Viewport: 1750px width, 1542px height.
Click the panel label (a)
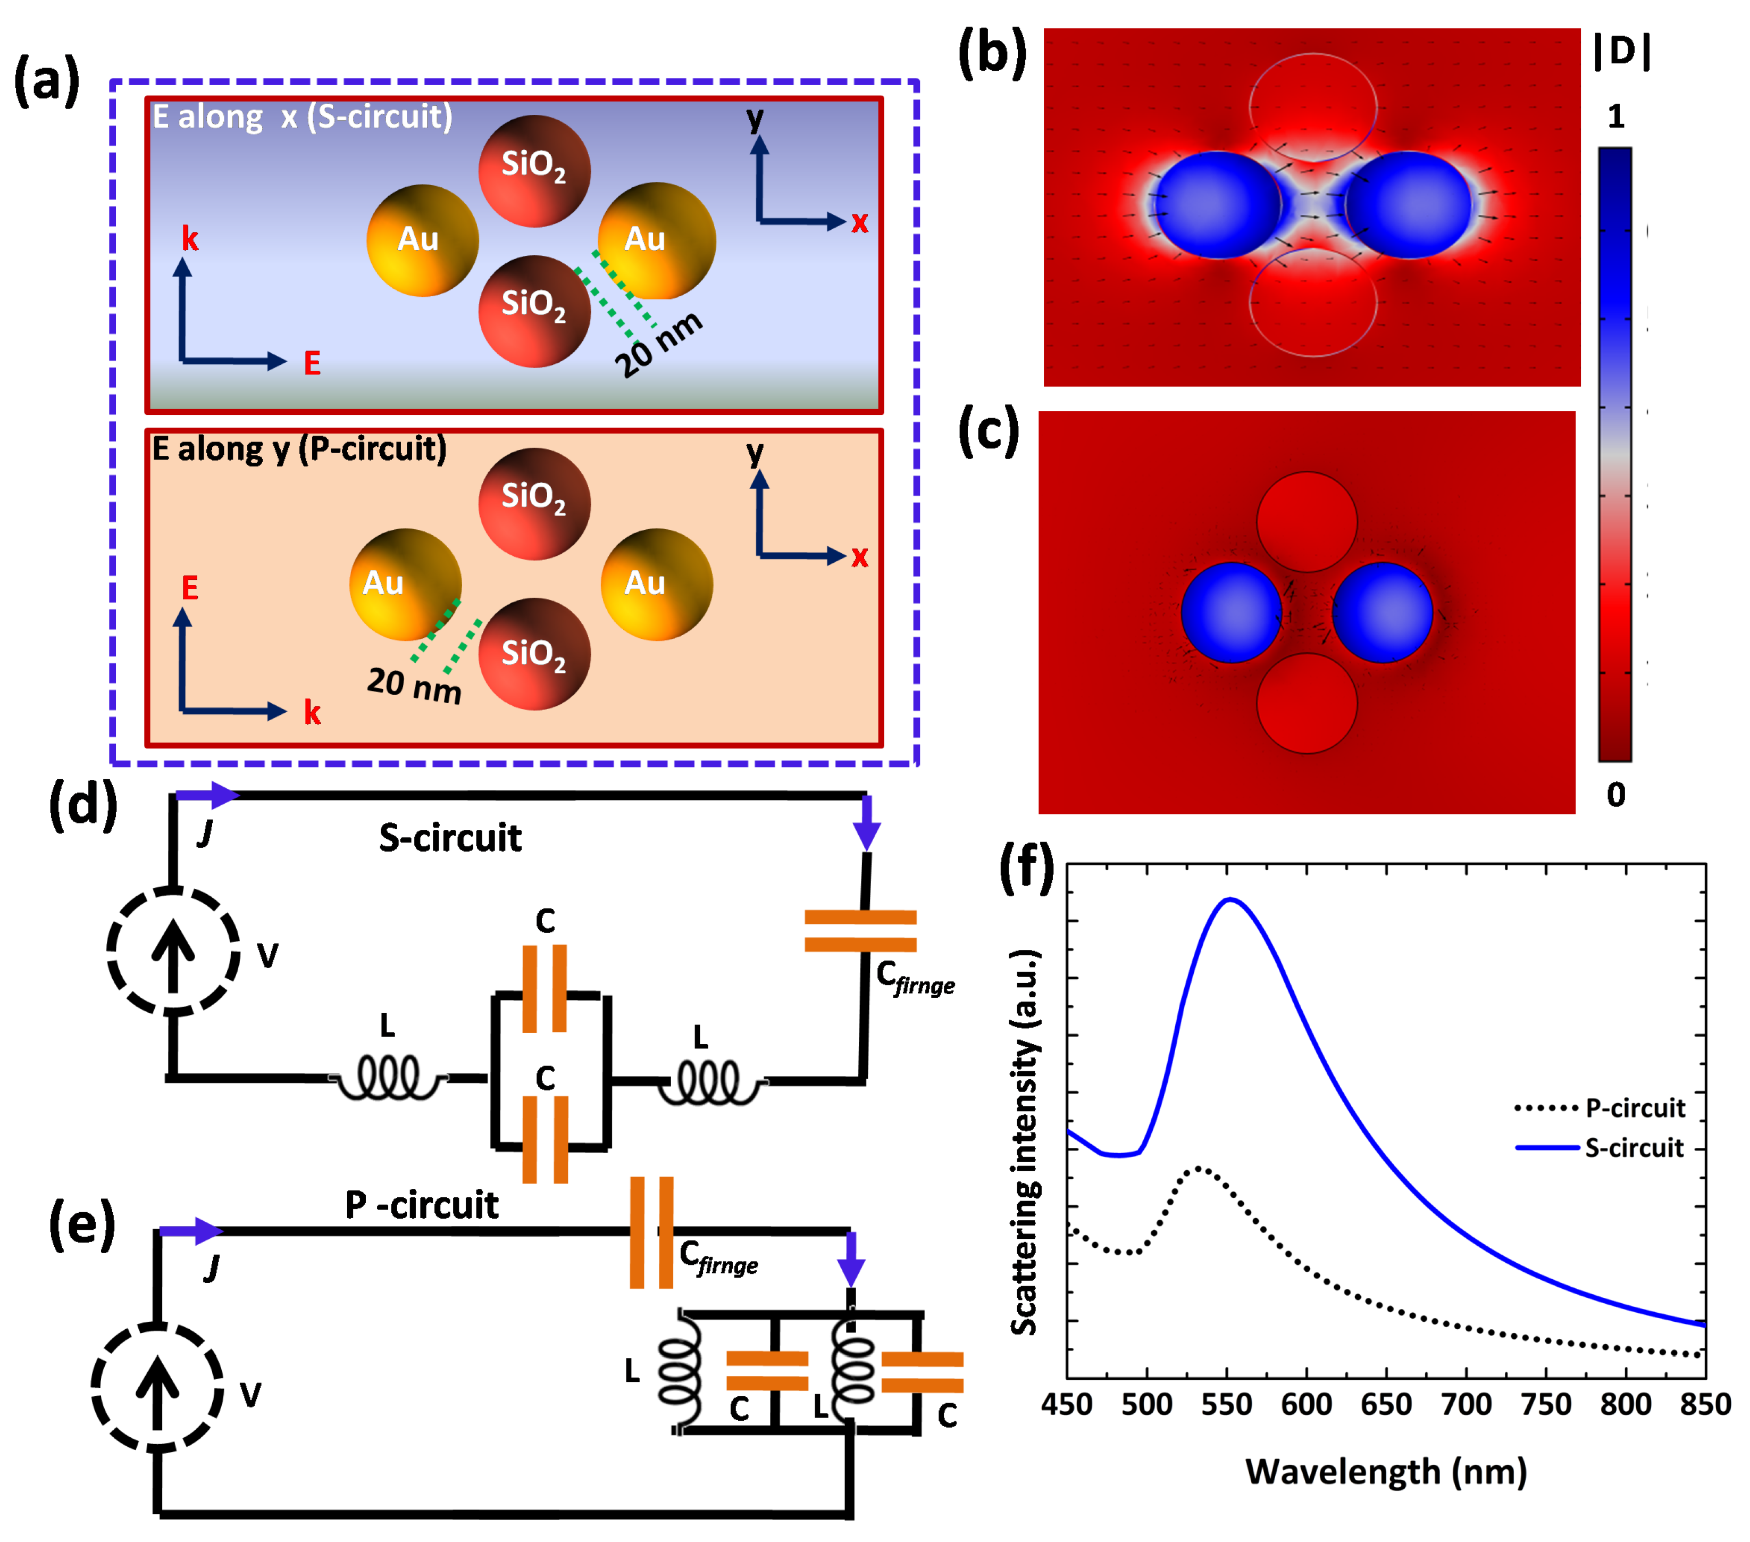(x=47, y=81)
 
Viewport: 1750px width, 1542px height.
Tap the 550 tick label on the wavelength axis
(x=1227, y=1404)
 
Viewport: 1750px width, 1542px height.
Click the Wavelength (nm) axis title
(x=1385, y=1472)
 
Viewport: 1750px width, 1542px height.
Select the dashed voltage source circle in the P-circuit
(x=157, y=1387)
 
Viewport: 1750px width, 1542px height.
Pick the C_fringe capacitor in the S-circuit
(x=860, y=931)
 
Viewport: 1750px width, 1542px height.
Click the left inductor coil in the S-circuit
(x=388, y=1078)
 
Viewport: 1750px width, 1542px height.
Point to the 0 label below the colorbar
(x=1615, y=795)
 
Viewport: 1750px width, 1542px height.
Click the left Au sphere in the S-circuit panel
(x=422, y=240)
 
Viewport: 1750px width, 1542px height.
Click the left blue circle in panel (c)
(x=1231, y=612)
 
